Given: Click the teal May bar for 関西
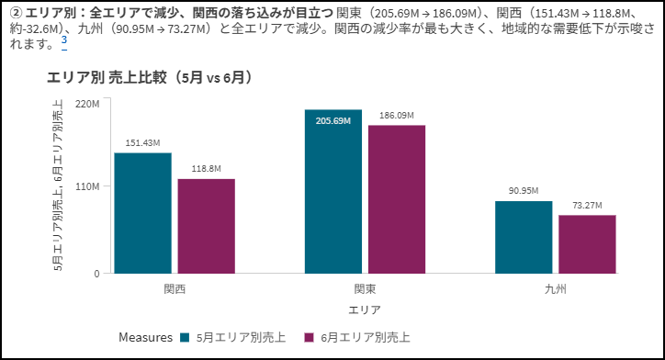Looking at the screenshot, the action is [x=143, y=213].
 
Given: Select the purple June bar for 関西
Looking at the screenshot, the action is [x=206, y=226].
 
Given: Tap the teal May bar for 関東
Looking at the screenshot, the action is [x=333, y=191].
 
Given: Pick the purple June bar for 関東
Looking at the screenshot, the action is [x=397, y=199].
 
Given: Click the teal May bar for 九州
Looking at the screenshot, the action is [x=524, y=237].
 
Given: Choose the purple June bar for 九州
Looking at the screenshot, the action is [x=587, y=244].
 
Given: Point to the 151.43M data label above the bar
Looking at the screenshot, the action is [x=143, y=143].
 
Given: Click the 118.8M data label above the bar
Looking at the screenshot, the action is [x=206, y=169].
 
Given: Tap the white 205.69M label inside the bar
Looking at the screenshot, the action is [x=333, y=121].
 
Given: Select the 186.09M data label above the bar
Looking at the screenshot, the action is [x=397, y=116].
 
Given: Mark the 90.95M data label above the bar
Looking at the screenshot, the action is [x=524, y=191].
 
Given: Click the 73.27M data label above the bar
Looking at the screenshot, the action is [x=587, y=205].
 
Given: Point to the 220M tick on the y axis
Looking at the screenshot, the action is [x=87, y=104].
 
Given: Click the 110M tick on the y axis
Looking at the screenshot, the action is [x=87, y=186].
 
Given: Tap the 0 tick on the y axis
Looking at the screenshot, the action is [x=96, y=274].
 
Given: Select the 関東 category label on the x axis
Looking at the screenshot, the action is [x=366, y=289].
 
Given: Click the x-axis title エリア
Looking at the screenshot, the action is [x=365, y=310].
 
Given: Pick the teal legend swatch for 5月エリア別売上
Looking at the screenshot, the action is [x=185, y=338].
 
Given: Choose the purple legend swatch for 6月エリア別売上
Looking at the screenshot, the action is [x=310, y=338].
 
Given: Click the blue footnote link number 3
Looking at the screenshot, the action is [x=64, y=40].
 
